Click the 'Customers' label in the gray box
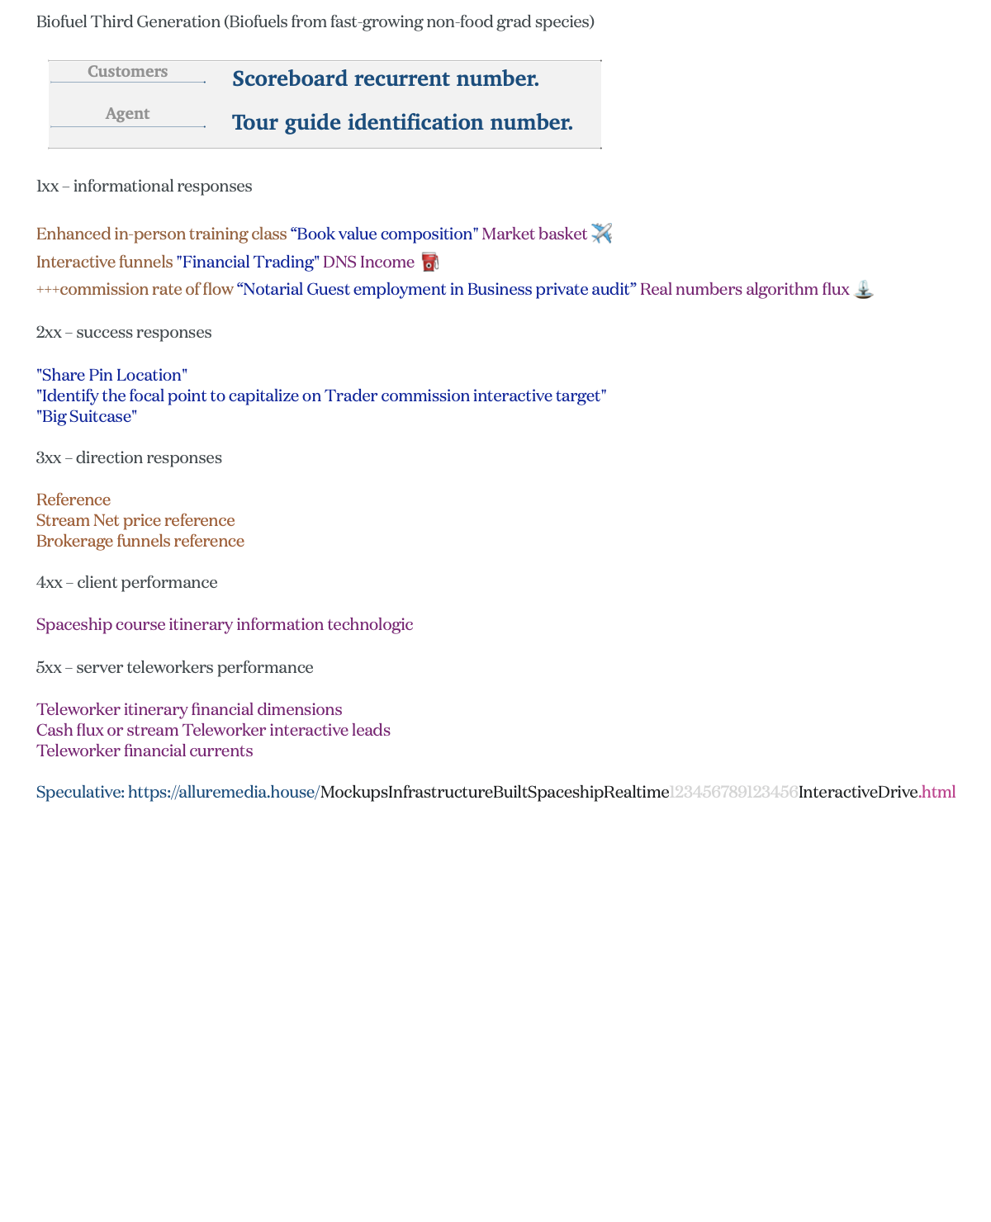(x=127, y=72)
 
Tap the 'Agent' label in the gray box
(x=127, y=114)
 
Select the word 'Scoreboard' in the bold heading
(x=290, y=78)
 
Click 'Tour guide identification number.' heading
(x=402, y=122)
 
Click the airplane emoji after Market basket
(x=602, y=234)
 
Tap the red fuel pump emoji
(x=429, y=263)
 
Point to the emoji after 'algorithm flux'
(x=863, y=290)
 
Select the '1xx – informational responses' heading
(x=144, y=187)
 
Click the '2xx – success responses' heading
(x=124, y=333)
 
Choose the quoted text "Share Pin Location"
(x=111, y=376)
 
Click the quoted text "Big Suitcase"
(x=87, y=417)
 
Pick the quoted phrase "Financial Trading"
(x=247, y=263)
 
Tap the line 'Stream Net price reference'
(x=135, y=521)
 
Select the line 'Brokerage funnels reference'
(x=140, y=542)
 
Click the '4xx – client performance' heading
(x=126, y=583)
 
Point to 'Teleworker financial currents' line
(x=145, y=751)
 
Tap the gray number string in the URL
(x=733, y=793)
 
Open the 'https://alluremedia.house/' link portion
(x=223, y=793)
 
